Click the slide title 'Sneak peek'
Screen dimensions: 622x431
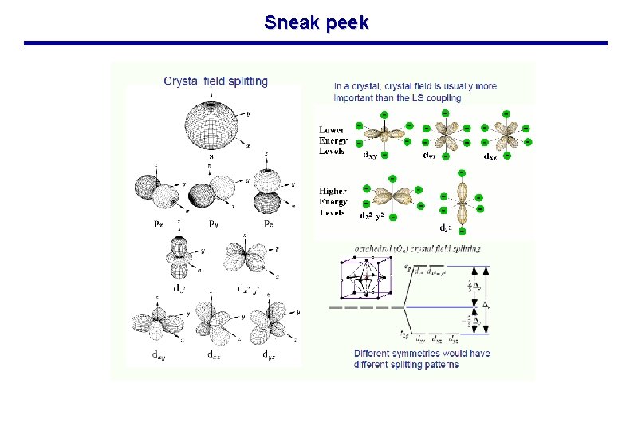[317, 22]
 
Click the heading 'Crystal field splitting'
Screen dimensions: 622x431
[215, 81]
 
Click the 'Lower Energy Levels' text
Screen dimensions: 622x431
[332, 140]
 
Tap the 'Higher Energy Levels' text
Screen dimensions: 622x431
[332, 202]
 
